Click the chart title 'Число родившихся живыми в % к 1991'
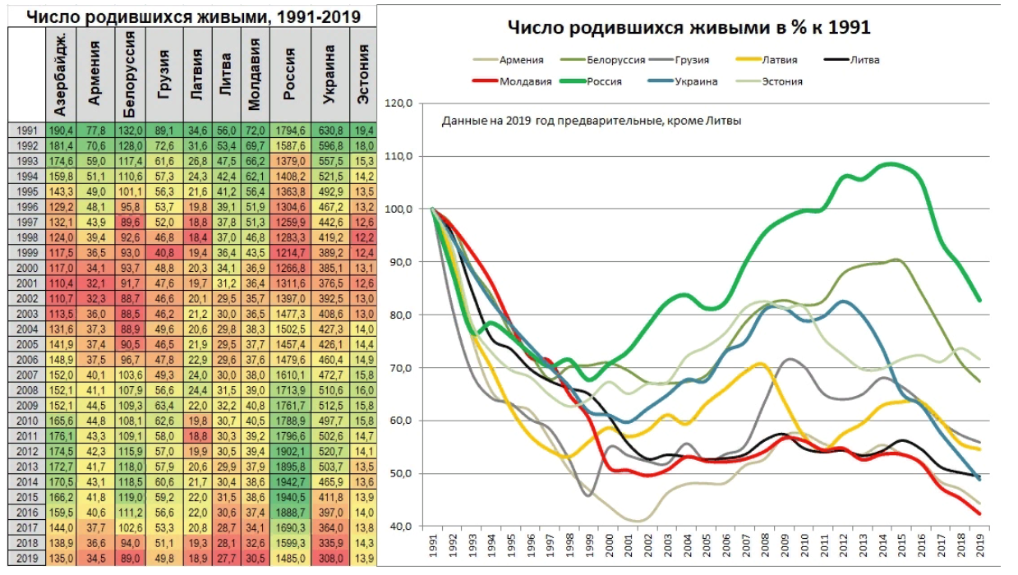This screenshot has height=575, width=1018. (x=689, y=28)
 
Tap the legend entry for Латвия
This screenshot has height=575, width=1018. (x=779, y=60)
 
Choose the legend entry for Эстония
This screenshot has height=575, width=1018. (x=781, y=81)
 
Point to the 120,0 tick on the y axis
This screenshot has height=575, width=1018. (x=403, y=103)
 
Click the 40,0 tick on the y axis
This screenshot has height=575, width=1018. (x=403, y=527)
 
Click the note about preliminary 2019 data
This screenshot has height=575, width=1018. (x=591, y=122)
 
